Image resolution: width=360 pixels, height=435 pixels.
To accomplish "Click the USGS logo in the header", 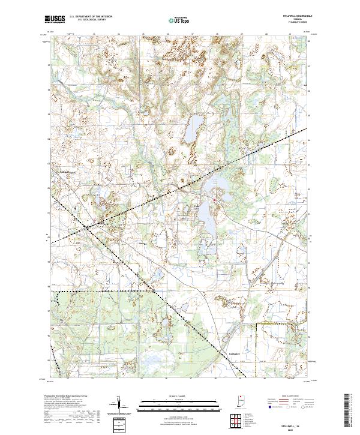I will point(55,19).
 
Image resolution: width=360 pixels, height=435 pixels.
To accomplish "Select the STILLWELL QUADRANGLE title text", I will point(296,16).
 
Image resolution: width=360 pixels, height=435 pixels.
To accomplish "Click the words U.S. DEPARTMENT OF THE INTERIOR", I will point(91,16).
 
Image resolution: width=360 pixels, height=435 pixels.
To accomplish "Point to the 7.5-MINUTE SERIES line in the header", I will point(296,22).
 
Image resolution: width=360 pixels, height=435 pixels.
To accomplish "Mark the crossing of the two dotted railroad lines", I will point(89,227).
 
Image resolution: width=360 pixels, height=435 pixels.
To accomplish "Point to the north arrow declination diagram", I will point(119,405).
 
